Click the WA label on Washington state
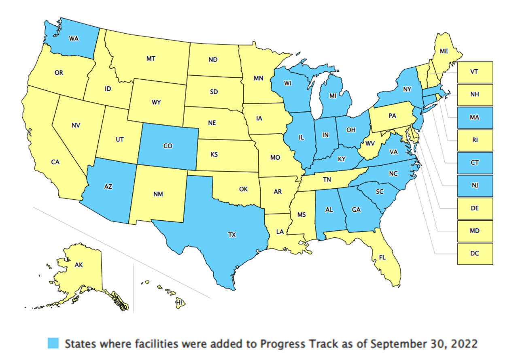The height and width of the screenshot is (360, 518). tap(73, 38)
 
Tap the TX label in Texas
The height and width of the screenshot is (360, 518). tap(231, 234)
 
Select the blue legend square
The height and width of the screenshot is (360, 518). tap(53, 344)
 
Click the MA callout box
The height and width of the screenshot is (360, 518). tap(475, 117)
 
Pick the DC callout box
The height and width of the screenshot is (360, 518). tap(475, 253)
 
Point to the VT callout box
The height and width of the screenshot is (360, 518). tap(475, 72)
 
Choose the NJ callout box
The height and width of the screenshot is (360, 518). tap(475, 185)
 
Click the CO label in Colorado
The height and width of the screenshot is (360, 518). tap(168, 146)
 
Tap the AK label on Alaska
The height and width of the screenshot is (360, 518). tap(79, 265)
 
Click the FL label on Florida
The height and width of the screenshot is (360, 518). tap(382, 257)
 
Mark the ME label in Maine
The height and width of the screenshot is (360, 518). tap(444, 51)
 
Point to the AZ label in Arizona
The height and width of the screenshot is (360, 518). tap(108, 186)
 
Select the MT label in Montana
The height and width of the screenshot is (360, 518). tap(151, 59)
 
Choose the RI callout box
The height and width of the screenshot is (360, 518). tap(475, 140)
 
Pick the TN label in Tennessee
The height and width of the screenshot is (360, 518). tap(327, 179)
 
